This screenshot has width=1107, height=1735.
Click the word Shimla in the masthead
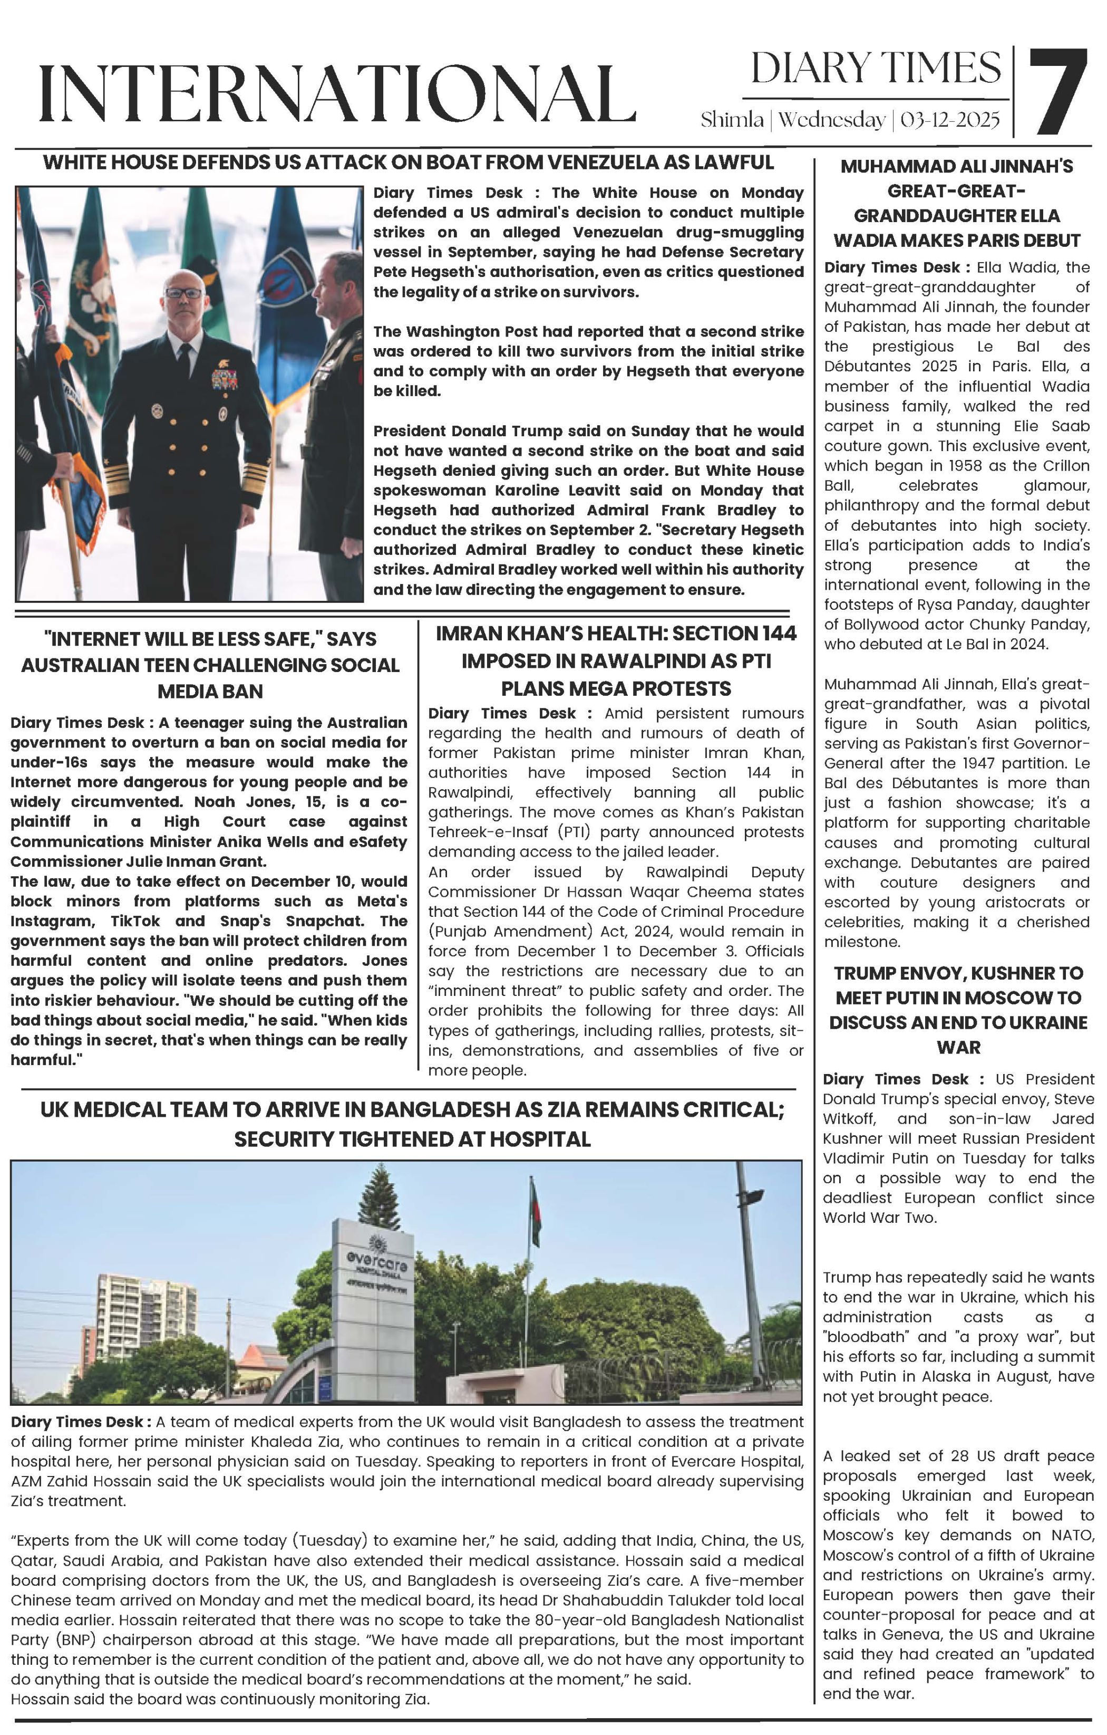[x=732, y=120]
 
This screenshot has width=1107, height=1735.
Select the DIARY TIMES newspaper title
[x=876, y=69]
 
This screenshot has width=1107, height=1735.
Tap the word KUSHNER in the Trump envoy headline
[x=1005, y=973]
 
